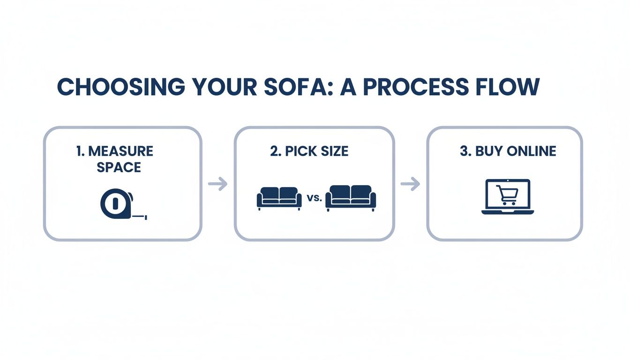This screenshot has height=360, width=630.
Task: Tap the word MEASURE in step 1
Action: (121, 151)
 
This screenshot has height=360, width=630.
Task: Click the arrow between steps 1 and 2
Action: (218, 184)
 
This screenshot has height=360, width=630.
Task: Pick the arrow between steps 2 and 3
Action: (410, 184)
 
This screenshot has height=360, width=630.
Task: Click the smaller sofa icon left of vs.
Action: (279, 198)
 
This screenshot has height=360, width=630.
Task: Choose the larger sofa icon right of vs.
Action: (351, 198)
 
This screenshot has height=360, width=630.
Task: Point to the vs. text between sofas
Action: (313, 198)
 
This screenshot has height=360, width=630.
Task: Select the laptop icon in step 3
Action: (508, 197)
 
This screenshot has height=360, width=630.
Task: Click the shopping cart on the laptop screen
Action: (507, 195)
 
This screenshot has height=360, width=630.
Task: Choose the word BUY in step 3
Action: (487, 151)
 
